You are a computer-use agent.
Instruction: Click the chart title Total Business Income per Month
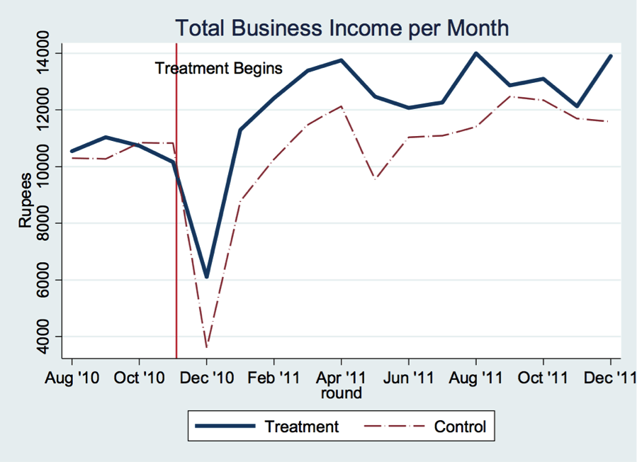pyautogui.click(x=342, y=28)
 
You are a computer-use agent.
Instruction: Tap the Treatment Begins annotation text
pyautogui.click(x=218, y=69)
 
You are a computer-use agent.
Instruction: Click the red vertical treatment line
pyautogui.click(x=176, y=213)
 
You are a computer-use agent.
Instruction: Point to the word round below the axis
pyautogui.click(x=342, y=393)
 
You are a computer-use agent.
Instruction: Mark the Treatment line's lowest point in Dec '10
pyautogui.click(x=207, y=277)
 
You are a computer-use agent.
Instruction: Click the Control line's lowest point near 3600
pyautogui.click(x=207, y=347)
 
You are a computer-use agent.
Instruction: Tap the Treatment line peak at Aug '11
pyautogui.click(x=476, y=53)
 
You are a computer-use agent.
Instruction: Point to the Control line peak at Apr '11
pyautogui.click(x=342, y=106)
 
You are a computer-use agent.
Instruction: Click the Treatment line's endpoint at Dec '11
pyautogui.click(x=611, y=56)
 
